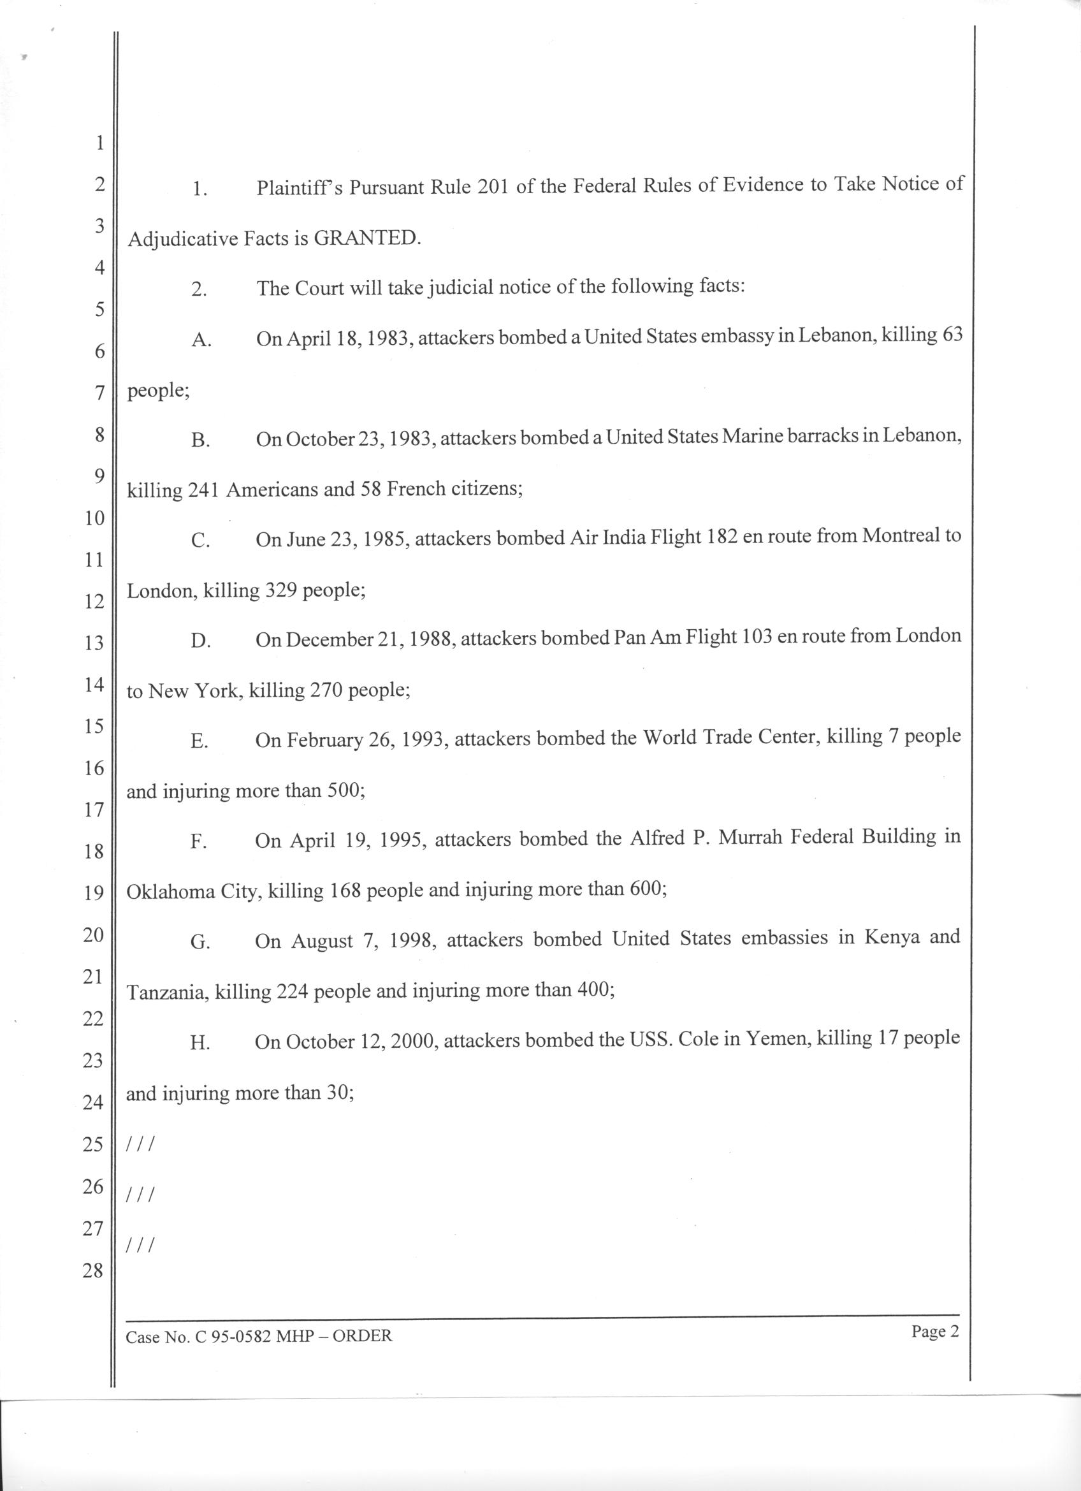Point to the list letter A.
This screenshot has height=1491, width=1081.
pyautogui.click(x=200, y=340)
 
